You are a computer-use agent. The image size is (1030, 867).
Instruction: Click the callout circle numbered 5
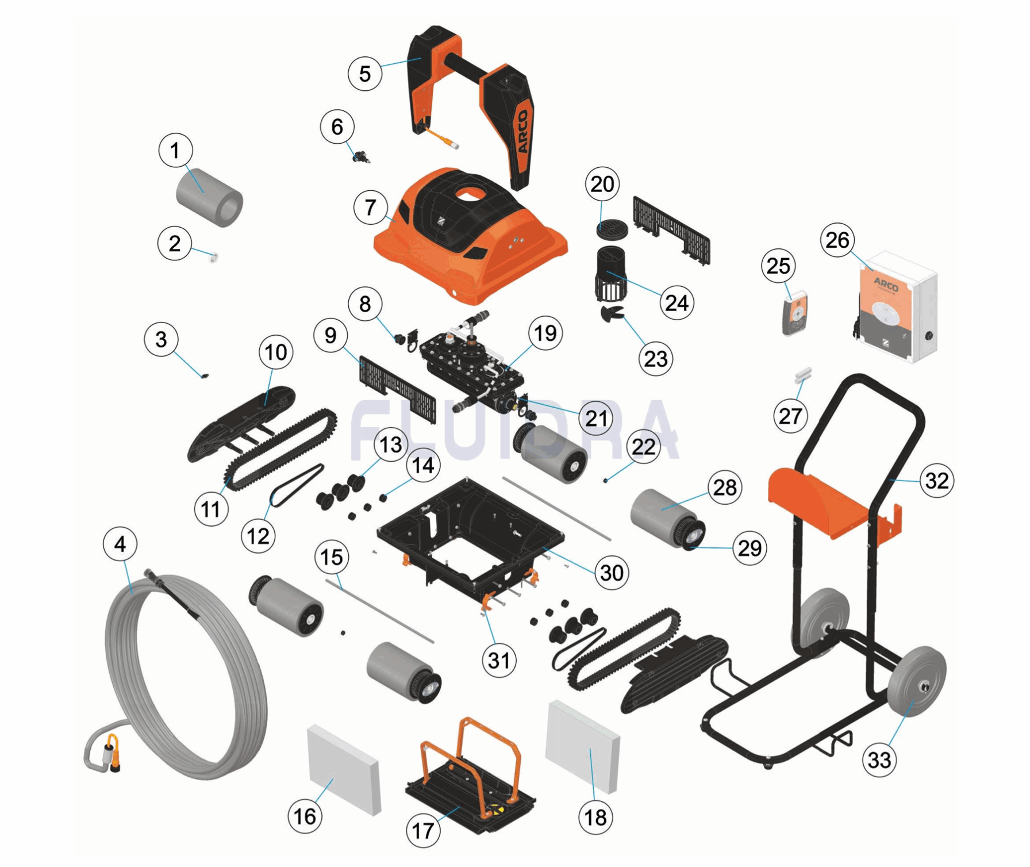tap(365, 74)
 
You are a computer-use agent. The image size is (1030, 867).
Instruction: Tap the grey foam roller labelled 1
tap(209, 197)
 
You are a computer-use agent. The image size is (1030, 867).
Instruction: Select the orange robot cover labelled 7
tap(470, 236)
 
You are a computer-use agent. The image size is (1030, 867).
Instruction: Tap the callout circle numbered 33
tap(879, 760)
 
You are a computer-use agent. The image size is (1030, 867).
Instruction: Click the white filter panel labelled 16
tap(344, 769)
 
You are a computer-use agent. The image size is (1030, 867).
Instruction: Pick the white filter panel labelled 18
tap(583, 746)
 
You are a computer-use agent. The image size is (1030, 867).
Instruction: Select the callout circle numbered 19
tap(545, 333)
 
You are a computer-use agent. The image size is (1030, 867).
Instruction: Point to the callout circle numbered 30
tap(612, 572)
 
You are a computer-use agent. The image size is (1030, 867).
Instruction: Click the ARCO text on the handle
tap(522, 131)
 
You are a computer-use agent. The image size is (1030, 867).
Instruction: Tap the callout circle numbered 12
tap(258, 536)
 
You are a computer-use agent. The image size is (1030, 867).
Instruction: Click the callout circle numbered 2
tap(175, 244)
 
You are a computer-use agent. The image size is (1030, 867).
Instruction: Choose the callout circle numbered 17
tap(423, 830)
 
